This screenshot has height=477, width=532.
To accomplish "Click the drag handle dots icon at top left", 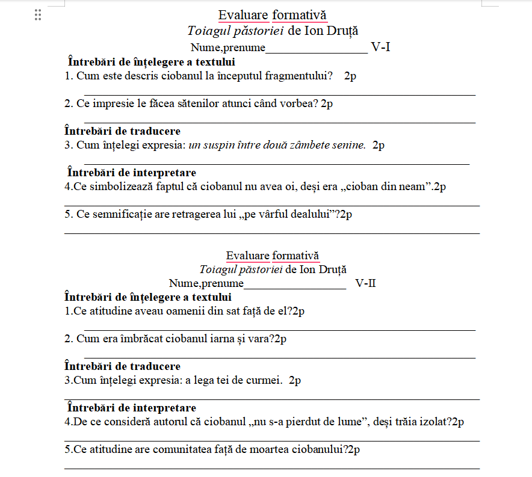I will click(x=38, y=15).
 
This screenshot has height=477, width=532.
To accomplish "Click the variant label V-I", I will click(x=380, y=47).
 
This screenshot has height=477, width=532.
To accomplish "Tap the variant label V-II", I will click(x=365, y=283).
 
